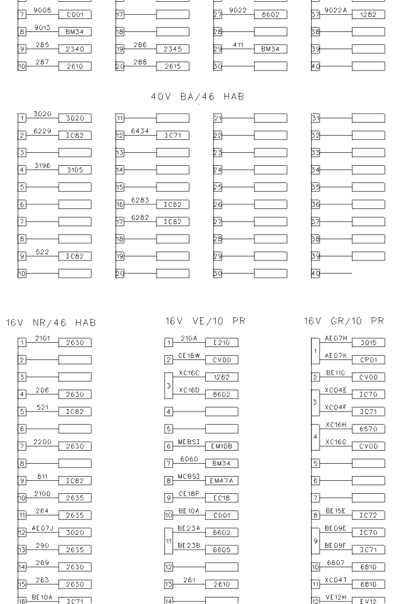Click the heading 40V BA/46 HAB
[205, 97]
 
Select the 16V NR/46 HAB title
[51, 323]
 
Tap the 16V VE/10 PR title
[205, 321]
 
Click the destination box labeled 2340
[75, 50]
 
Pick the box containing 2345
[173, 50]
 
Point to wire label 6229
[42, 131]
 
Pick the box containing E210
[221, 342]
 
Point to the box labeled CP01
[368, 359]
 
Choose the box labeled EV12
[368, 601]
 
